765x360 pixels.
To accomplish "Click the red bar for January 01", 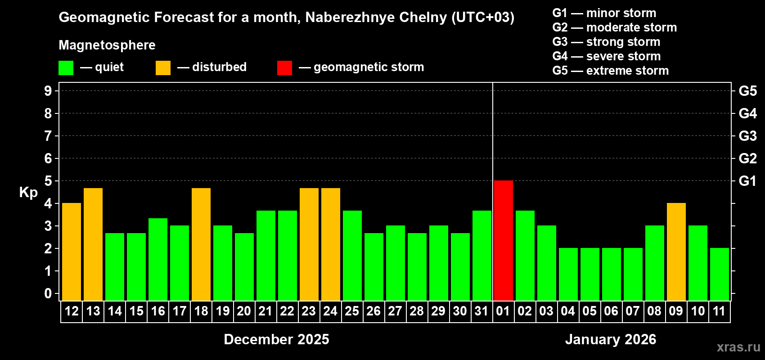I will tap(503, 240).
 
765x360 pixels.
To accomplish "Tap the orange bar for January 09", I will tap(676, 252).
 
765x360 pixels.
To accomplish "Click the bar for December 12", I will tap(72, 252).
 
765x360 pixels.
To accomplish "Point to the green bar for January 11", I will tap(719, 274).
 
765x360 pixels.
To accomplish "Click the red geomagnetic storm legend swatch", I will tap(284, 68).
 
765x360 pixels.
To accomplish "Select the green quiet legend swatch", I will tap(66, 68).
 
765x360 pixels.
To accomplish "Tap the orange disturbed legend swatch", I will tap(163, 68).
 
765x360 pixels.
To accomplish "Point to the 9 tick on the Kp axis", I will tap(48, 91).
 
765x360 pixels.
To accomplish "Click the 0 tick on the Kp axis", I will tap(48, 294).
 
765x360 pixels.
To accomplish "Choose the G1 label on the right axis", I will tap(747, 181).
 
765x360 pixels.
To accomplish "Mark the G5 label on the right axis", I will tap(747, 91).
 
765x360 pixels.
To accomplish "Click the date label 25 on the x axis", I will tap(352, 311).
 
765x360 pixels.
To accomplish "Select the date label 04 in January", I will tap(567, 311).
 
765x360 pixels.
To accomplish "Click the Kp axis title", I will tap(28, 193).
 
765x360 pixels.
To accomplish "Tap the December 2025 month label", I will tap(276, 339).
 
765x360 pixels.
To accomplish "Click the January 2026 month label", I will tap(611, 339).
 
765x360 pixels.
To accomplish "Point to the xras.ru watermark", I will tap(738, 346).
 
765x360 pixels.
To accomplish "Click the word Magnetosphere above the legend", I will tap(107, 45).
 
